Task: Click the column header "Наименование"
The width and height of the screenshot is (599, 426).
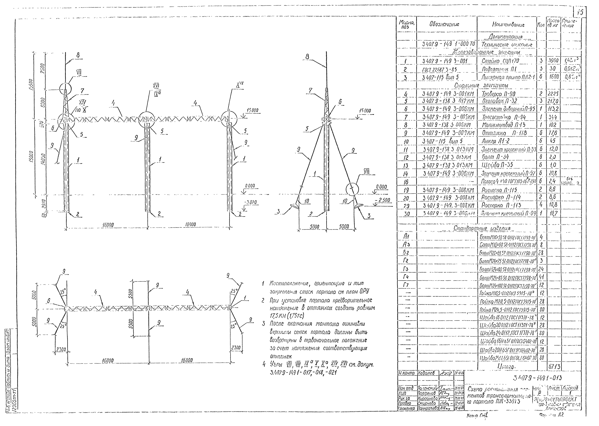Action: (x=508, y=25)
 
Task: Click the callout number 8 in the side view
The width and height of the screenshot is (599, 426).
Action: (x=307, y=56)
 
